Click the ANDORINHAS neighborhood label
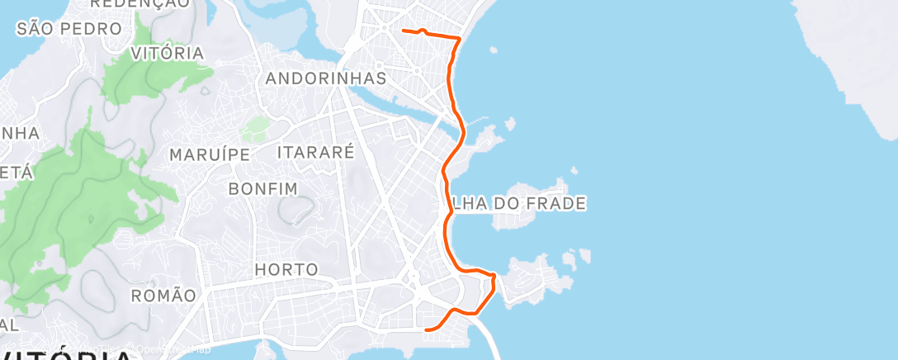coord(326,78)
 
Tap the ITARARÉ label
coord(315,152)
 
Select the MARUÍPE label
coord(209,154)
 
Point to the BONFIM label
coord(262,189)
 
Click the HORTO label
coord(286,269)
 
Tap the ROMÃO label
coord(165,295)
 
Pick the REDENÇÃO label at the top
coord(139,4)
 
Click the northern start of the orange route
coord(403,31)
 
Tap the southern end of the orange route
coord(426,329)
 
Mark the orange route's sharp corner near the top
coord(459,38)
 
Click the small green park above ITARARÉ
coord(256,129)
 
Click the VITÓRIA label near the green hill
coord(168,53)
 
